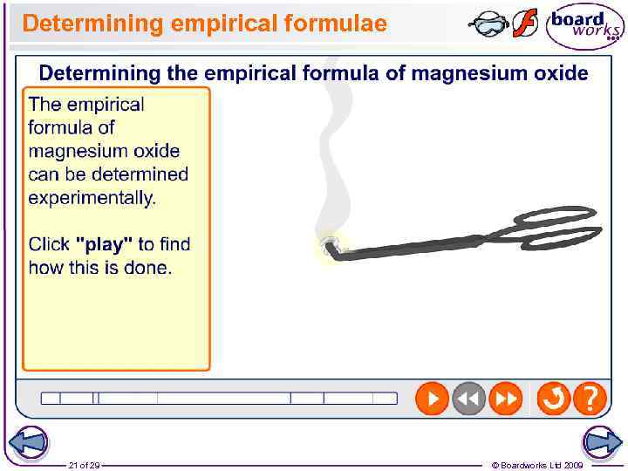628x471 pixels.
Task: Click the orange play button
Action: coord(432,399)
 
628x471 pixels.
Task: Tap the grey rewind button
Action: coord(468,399)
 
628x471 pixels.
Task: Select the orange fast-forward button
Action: coord(506,399)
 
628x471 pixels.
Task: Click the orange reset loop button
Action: coord(553,399)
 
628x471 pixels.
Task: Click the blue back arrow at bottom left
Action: coord(27,443)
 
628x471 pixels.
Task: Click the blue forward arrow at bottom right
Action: coord(602,443)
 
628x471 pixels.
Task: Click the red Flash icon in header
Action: coord(524,23)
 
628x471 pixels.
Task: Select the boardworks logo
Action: coord(584,27)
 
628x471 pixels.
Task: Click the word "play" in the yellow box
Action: coord(105,244)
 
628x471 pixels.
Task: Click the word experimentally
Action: coord(92,198)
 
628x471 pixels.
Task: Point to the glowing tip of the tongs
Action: coord(329,244)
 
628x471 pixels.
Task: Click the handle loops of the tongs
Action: coord(549,224)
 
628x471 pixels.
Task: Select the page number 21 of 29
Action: coord(84,465)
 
